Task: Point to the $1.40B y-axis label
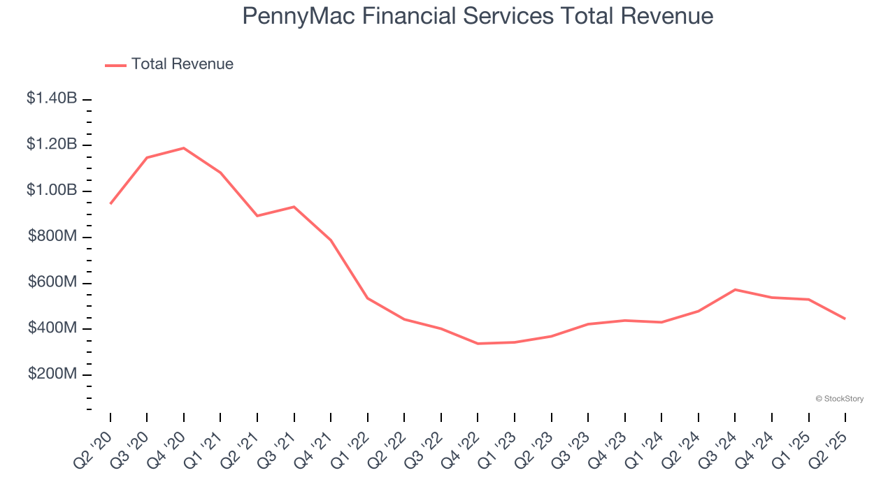(x=52, y=99)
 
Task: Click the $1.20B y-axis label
(x=52, y=145)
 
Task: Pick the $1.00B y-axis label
(x=52, y=191)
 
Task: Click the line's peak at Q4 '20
(x=184, y=148)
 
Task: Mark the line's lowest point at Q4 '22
(x=478, y=344)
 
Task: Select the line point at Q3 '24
(x=735, y=289)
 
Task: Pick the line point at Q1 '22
(x=368, y=298)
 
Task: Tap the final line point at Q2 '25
(x=845, y=319)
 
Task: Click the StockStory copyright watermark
(x=840, y=399)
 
